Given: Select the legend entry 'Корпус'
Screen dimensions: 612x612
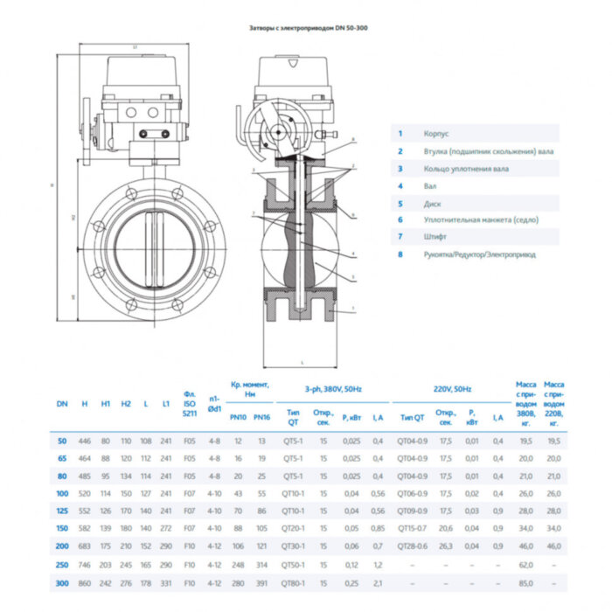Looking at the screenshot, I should [x=436, y=134].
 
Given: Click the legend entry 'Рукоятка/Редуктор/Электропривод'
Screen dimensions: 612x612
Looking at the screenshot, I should [x=479, y=254].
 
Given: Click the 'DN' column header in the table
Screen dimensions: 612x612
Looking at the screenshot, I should [x=61, y=404].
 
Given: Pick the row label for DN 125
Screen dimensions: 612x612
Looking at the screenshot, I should [x=61, y=510].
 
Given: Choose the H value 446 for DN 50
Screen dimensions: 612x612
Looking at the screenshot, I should [x=84, y=440].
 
